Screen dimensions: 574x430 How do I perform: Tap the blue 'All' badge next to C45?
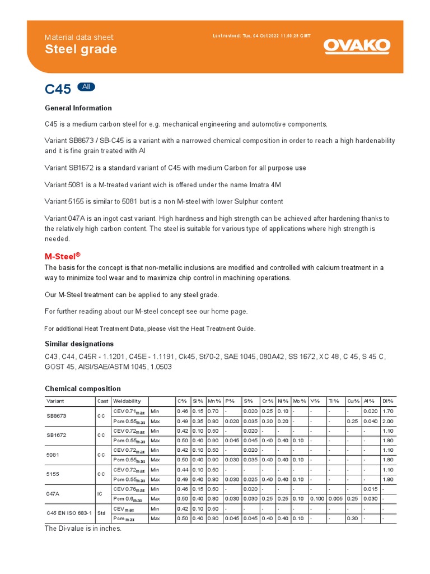click(x=86, y=87)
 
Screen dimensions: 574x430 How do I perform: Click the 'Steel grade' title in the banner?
click(x=81, y=49)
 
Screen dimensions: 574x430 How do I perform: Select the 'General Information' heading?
click(x=78, y=108)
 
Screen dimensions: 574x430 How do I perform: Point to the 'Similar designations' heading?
click(x=79, y=344)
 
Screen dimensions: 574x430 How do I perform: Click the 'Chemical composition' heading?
click(x=82, y=388)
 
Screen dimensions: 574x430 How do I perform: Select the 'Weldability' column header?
click(x=127, y=401)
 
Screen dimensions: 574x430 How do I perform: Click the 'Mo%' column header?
click(x=299, y=401)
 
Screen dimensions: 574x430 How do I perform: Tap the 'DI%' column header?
click(x=387, y=401)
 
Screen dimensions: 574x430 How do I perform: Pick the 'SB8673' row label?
click(x=56, y=416)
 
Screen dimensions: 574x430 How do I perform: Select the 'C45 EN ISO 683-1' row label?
click(x=67, y=513)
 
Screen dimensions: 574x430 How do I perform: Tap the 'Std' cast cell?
click(x=101, y=513)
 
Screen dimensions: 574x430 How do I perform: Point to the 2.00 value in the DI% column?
click(x=387, y=422)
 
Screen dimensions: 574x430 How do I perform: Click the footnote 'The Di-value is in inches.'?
click(x=83, y=528)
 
